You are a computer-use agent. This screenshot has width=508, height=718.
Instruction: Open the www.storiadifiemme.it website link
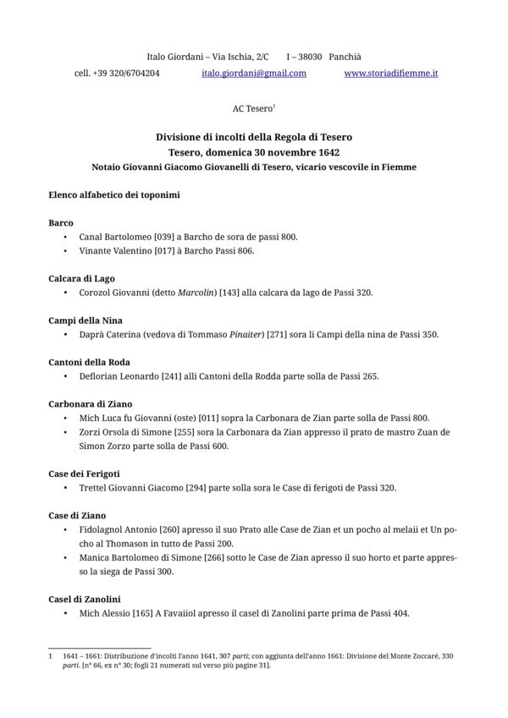point(391,74)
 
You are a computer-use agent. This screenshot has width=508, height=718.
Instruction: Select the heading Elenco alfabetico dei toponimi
point(113,195)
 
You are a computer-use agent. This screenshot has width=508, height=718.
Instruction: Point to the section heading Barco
point(61,222)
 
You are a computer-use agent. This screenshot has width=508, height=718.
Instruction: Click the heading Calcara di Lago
point(81,278)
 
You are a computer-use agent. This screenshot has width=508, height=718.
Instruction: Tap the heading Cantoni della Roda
point(89,362)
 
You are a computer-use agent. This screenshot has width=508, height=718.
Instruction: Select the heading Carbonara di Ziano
point(91,404)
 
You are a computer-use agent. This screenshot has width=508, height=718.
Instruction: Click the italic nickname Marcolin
point(195,293)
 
